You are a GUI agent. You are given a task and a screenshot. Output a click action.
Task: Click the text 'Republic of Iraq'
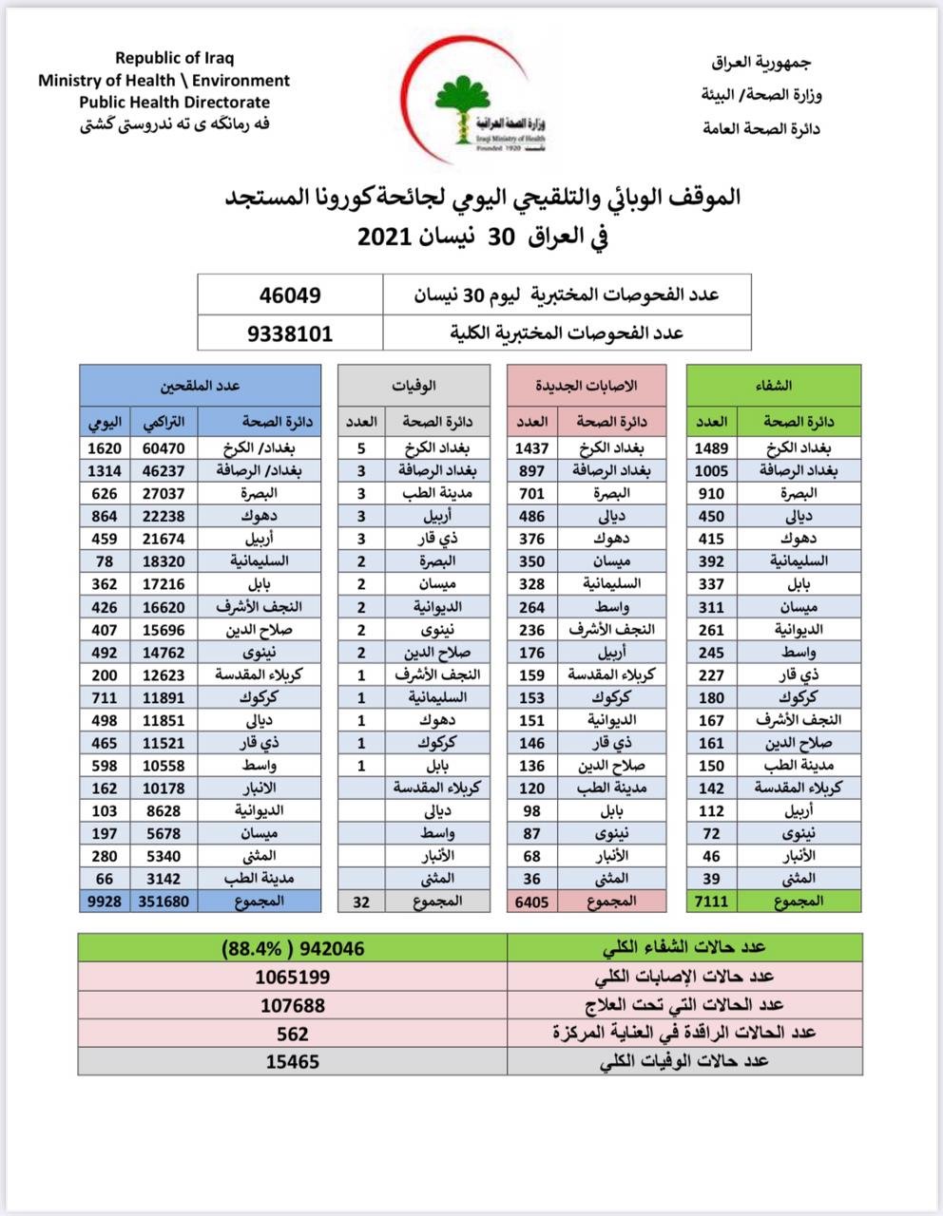175,59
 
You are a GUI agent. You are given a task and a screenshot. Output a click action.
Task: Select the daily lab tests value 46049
290,295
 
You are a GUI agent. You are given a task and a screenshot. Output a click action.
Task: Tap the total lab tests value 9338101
290,333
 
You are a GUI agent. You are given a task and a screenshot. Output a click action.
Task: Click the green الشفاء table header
774,386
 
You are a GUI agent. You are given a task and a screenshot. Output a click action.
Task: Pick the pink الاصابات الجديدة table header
590,386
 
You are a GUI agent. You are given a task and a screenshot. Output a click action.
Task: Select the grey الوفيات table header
414,386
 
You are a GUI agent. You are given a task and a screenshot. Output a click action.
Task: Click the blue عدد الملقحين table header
200,386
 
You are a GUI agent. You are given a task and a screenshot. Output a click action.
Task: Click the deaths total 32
361,901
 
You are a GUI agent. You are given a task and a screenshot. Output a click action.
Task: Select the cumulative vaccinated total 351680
163,901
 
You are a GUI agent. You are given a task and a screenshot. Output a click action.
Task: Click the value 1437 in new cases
531,447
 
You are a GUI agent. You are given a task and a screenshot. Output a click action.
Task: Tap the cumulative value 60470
163,447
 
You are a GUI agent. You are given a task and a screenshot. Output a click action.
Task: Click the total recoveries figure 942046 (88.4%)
293,948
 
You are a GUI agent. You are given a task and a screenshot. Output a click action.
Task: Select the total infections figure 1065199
293,976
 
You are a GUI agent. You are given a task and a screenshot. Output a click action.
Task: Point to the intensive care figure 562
293,1033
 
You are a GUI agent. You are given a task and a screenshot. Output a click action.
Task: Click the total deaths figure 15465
293,1061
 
